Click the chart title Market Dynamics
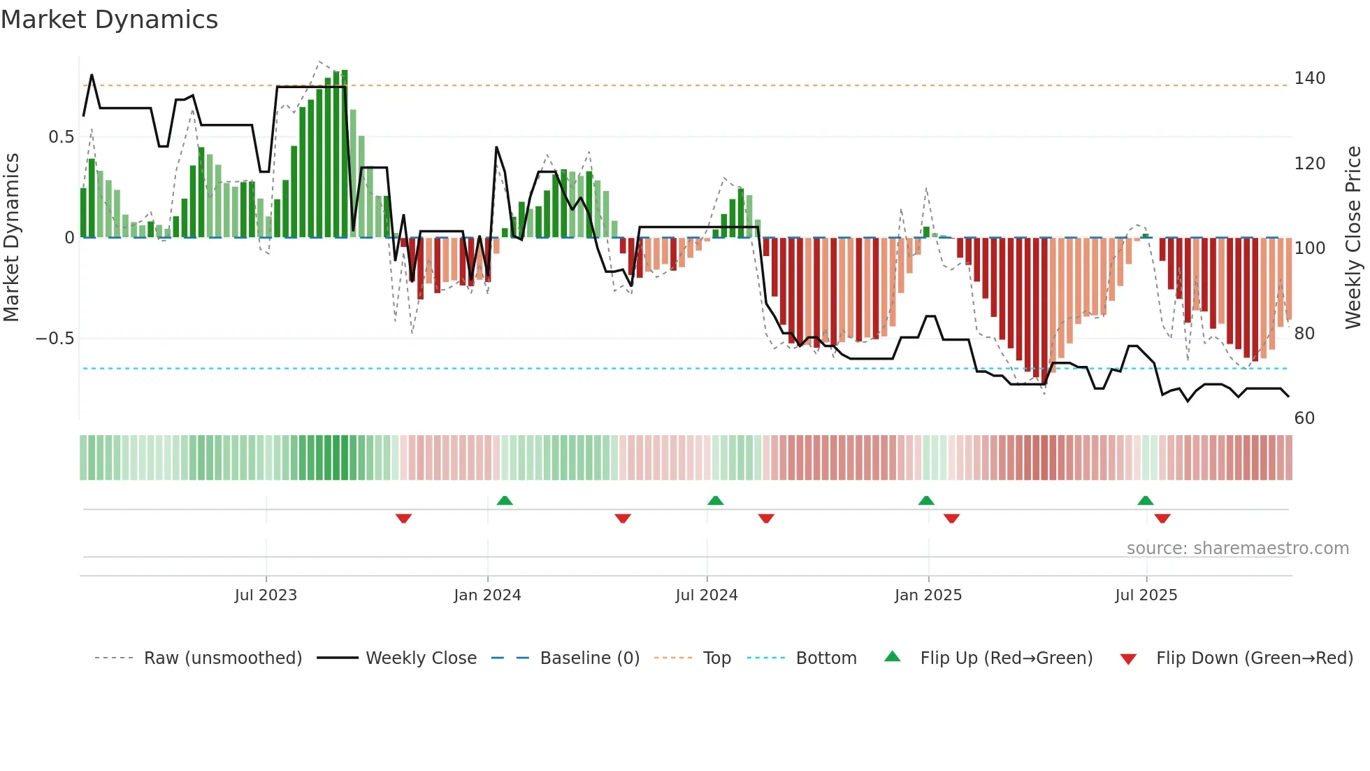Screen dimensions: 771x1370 (x=110, y=20)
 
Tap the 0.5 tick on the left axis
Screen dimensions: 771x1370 (x=62, y=137)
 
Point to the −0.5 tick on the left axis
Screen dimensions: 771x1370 (x=55, y=339)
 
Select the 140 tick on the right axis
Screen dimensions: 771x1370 (x=1309, y=78)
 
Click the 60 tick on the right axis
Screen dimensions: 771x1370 (x=1304, y=418)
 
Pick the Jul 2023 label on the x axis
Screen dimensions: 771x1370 (x=266, y=595)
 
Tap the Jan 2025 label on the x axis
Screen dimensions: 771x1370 (x=928, y=595)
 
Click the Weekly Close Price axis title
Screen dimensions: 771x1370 (x=1353, y=238)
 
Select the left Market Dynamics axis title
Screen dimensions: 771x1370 (x=12, y=238)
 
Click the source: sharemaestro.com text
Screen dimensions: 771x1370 (x=1237, y=549)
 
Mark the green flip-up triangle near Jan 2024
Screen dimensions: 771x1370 (x=505, y=500)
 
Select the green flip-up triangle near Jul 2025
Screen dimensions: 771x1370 (x=1145, y=500)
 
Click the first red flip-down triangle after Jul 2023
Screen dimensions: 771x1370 (x=403, y=518)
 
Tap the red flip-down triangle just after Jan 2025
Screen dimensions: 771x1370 (x=951, y=518)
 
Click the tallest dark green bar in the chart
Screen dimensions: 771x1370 (x=345, y=154)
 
